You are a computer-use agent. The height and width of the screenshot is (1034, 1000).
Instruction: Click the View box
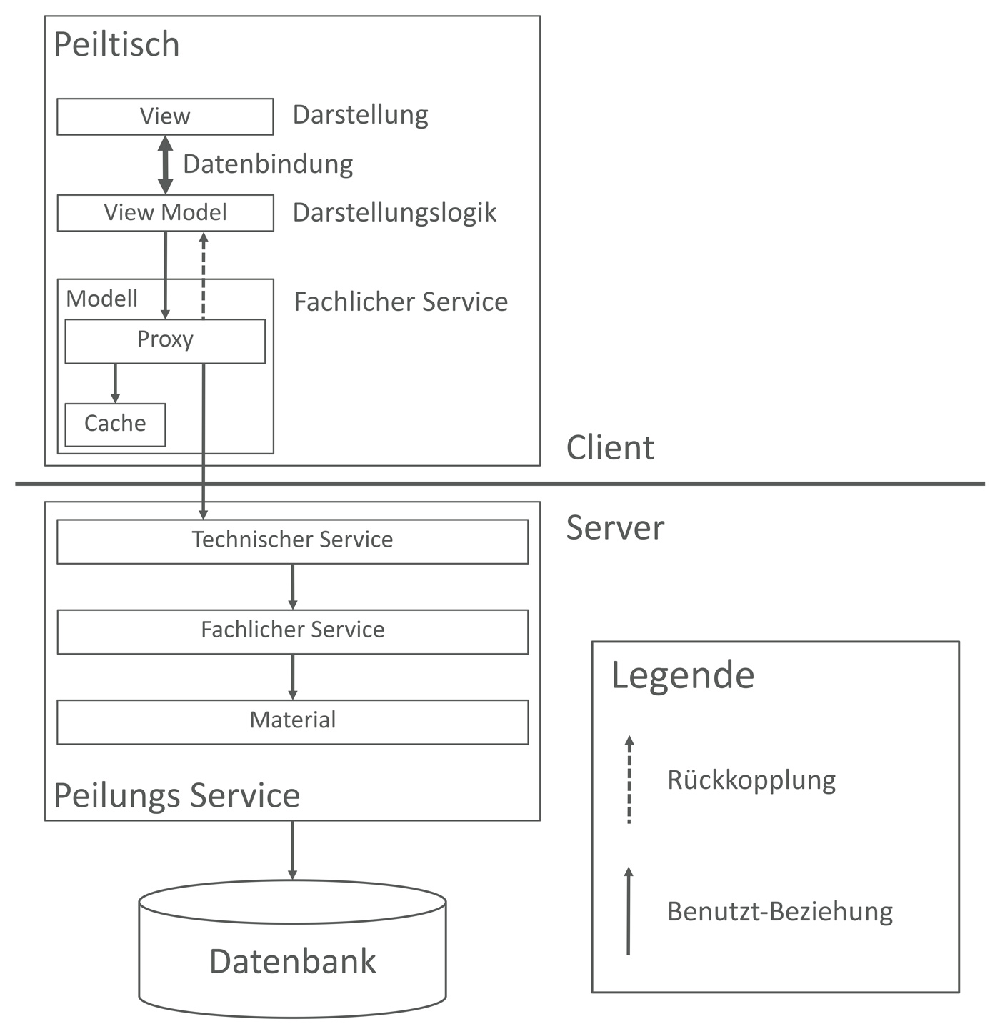coord(165,116)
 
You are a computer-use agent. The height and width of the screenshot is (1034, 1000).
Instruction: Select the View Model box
coord(165,213)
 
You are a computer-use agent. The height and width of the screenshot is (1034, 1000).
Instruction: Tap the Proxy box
coord(165,341)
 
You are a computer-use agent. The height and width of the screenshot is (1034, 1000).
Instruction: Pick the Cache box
coord(115,424)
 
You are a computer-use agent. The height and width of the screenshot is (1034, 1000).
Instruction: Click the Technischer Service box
coord(292,541)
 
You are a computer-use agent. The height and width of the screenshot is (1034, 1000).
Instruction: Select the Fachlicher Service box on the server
coord(292,631)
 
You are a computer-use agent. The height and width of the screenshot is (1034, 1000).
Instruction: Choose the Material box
coord(292,721)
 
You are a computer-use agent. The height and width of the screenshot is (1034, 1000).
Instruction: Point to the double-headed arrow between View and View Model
coord(165,164)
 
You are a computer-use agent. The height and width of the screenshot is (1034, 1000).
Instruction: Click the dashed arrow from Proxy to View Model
coord(204,275)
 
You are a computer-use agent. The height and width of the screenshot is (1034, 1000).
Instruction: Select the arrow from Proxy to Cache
coord(115,383)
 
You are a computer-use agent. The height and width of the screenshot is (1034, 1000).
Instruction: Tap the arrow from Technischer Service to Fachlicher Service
coord(292,586)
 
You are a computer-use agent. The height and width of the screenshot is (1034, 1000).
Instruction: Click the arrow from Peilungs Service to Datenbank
coord(292,850)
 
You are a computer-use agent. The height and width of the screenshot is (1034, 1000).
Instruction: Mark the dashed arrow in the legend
coord(629,780)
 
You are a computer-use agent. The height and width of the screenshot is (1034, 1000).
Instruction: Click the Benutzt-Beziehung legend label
coord(779,912)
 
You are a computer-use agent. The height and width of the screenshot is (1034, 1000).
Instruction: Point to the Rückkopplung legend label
coord(751,780)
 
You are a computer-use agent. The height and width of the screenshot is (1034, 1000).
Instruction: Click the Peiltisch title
coord(116,44)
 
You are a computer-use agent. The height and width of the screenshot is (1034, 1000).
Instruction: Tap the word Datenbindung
coord(268,164)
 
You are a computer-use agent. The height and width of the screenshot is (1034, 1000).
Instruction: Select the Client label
coord(609,448)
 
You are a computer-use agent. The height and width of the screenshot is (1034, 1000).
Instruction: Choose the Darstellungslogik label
coord(394,213)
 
